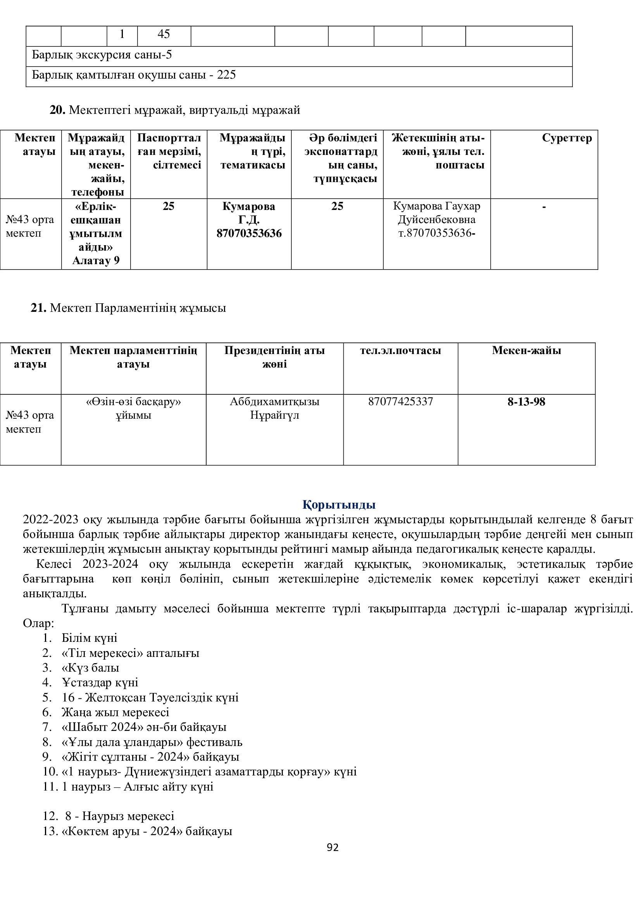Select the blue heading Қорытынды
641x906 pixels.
pyautogui.click(x=339, y=504)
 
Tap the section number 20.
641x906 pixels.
pyautogui.click(x=57, y=110)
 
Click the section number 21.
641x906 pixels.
pyautogui.click(x=38, y=308)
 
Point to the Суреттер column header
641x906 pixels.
pyautogui.click(x=567, y=138)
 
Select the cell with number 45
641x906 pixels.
pyautogui.click(x=164, y=34)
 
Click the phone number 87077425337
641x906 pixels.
pyautogui.click(x=400, y=402)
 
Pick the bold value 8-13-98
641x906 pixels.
pyautogui.click(x=526, y=402)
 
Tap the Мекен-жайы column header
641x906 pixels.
pyautogui.click(x=526, y=351)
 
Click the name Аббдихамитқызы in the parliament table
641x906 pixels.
pyautogui.click(x=274, y=402)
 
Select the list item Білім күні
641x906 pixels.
pyautogui.click(x=89, y=638)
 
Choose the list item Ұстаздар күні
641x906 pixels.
pyautogui.click(x=100, y=682)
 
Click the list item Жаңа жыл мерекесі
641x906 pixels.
pyautogui.click(x=115, y=712)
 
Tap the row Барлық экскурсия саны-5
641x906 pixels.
pyautogui.click(x=102, y=55)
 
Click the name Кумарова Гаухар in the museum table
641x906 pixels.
pyautogui.click(x=436, y=206)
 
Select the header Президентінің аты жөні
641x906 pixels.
pyautogui.click(x=274, y=357)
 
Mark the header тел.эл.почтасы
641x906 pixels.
pyautogui.click(x=400, y=351)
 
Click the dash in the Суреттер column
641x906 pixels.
pyautogui.click(x=544, y=206)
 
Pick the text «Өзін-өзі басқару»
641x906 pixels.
pyautogui.click(x=133, y=402)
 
